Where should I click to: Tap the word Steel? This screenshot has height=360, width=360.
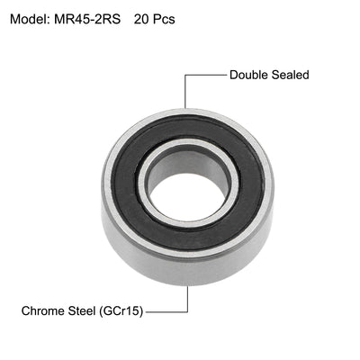pyautogui.click(x=91, y=311)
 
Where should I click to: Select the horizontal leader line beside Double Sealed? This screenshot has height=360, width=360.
pyautogui.click(x=205, y=75)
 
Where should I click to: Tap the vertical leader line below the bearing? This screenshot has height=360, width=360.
pyautogui.click(x=188, y=299)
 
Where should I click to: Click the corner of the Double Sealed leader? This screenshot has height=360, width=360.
pyautogui.click(x=185, y=75)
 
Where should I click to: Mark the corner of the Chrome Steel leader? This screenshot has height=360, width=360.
pyautogui.click(x=188, y=311)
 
